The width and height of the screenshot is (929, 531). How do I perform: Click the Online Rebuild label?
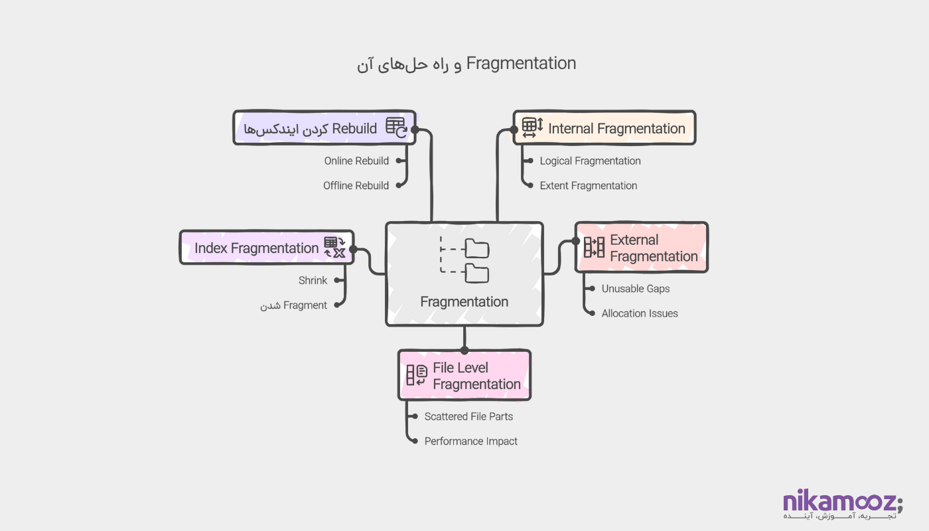tap(356, 161)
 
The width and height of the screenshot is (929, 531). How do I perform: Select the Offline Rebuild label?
tap(356, 186)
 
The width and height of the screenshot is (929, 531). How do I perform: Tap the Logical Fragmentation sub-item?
tap(590, 161)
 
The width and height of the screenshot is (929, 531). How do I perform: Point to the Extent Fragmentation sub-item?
tap(588, 186)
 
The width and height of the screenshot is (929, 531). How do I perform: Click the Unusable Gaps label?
tap(635, 289)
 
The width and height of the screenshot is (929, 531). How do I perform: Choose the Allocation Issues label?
tap(639, 313)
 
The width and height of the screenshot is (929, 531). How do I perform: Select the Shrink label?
tap(313, 281)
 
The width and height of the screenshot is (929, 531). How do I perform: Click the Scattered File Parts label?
tap(468, 417)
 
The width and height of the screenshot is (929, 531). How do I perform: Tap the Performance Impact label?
tap(470, 441)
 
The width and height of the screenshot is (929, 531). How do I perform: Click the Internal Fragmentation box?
tap(604, 128)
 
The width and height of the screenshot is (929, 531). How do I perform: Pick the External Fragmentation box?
tap(641, 248)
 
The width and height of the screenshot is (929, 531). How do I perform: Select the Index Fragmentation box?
tap(266, 248)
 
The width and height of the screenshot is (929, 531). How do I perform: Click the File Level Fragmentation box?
tap(464, 376)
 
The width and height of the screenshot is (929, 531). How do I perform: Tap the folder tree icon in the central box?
tap(464, 260)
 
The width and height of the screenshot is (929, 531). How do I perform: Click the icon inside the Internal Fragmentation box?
tap(532, 127)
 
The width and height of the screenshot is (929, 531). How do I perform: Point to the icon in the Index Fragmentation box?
tap(334, 247)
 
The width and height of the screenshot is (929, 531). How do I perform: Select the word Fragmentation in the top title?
tap(521, 64)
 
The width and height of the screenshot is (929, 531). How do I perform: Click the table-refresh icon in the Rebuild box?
tap(396, 127)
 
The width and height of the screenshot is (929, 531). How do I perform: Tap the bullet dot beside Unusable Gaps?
tap(591, 289)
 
